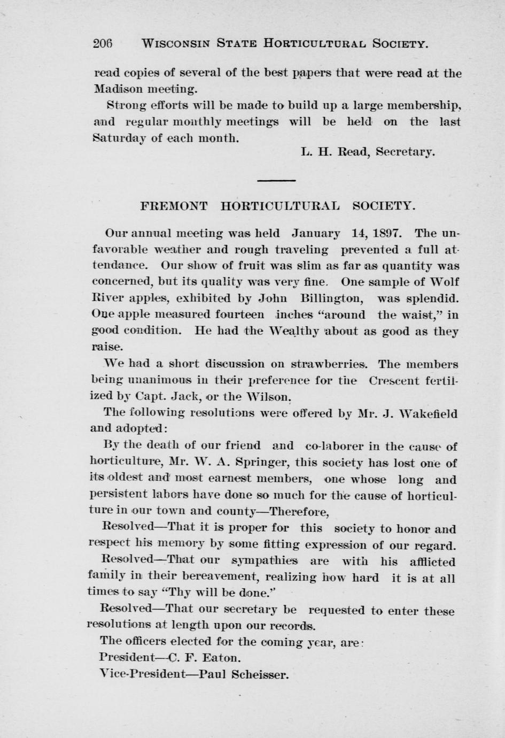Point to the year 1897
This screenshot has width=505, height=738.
[x=385, y=234]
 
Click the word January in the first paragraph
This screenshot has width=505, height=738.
[x=316, y=234]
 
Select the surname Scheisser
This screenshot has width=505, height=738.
[x=260, y=674]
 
